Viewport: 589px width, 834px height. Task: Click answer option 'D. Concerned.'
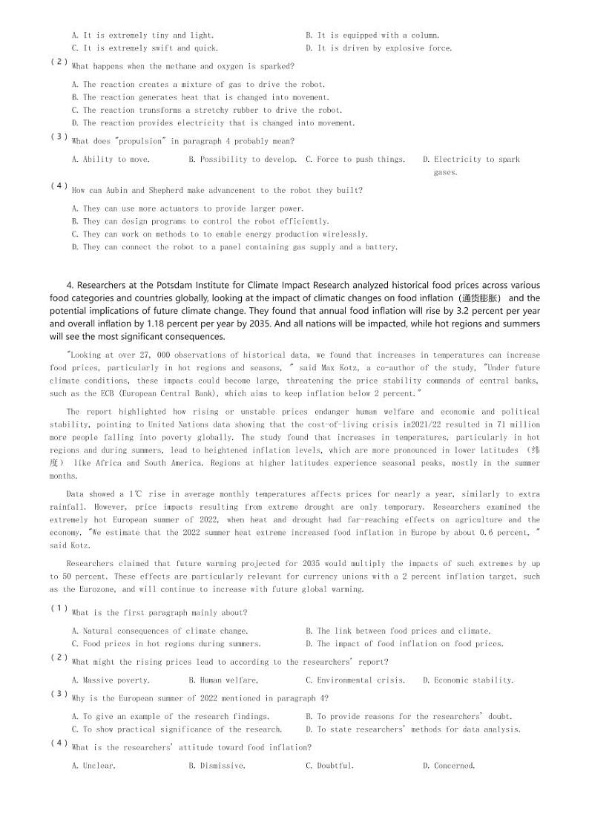coord(449,766)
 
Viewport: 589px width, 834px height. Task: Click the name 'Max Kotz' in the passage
coord(321,368)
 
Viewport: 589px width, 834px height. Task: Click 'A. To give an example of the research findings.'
coord(170,717)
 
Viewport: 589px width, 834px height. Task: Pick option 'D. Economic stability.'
coord(468,680)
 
